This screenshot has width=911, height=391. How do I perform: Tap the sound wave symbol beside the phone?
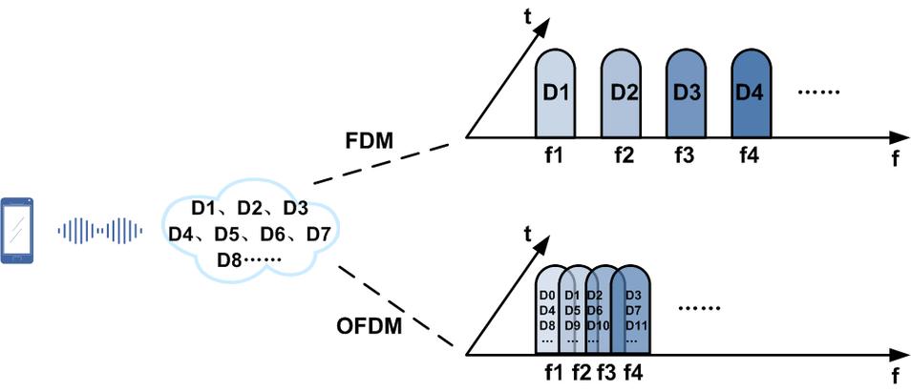[100, 231]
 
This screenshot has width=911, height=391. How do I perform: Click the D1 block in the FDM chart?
[556, 94]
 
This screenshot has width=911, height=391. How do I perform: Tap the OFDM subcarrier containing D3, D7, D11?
[633, 310]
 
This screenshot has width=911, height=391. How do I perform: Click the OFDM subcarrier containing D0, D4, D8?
[547, 310]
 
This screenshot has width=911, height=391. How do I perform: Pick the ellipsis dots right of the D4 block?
[816, 93]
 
